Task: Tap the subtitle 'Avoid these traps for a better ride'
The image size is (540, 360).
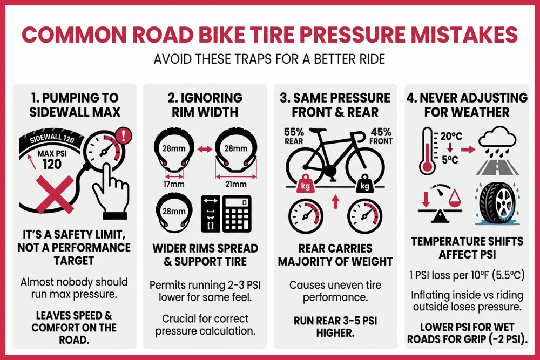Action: [269, 58]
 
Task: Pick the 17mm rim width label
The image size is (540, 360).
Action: [174, 184]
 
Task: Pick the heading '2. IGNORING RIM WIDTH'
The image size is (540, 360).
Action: [204, 105]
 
